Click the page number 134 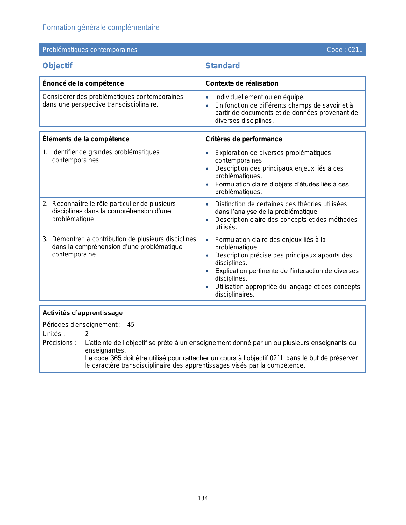click(203, 498)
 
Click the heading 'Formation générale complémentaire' click(101, 28)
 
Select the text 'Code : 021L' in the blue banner click(344, 50)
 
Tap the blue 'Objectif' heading click(58, 66)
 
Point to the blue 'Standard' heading click(223, 66)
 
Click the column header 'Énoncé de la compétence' click(83, 83)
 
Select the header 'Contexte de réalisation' click(242, 83)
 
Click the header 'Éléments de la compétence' click(86, 139)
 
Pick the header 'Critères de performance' click(244, 139)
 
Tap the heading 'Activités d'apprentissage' click(82, 313)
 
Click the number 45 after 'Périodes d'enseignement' click(131, 325)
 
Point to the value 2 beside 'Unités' click(87, 334)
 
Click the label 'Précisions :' click(60, 343)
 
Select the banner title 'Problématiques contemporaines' click(90, 50)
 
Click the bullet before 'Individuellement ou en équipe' click(207, 97)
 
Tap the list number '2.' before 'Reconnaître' click(45, 204)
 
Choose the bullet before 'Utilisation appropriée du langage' click(207, 287)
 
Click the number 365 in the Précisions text click(116, 358)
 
